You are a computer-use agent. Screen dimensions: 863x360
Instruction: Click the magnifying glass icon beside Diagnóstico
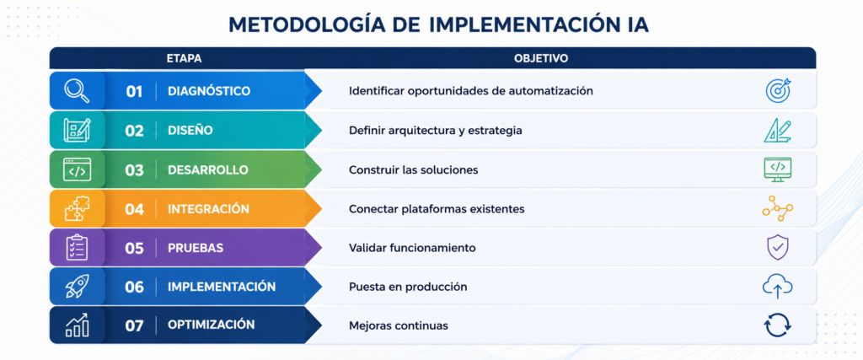[x=77, y=91]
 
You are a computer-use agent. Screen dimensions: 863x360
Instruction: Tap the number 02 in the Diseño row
[x=134, y=131]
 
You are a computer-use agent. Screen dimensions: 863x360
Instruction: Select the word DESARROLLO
[x=208, y=170]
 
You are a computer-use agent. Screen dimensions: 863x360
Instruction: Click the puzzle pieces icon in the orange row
[x=77, y=209]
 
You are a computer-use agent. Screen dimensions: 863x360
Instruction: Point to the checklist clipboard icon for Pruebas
[x=77, y=248]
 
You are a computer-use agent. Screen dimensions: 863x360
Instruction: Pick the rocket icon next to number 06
[x=77, y=287]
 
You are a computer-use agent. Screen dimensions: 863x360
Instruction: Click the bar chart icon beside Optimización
[x=77, y=325]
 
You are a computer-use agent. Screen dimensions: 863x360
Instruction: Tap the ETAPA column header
[x=184, y=58]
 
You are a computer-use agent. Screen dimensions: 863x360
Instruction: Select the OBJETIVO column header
[x=541, y=58]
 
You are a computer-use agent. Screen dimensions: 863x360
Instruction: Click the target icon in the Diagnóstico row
[x=778, y=90]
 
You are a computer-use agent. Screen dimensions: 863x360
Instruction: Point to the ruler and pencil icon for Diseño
[x=778, y=131]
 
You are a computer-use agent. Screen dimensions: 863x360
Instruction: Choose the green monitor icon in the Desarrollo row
[x=778, y=169]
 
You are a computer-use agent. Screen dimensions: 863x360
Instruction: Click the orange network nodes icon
[x=778, y=209]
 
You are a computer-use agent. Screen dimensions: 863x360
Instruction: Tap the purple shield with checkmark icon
[x=778, y=248]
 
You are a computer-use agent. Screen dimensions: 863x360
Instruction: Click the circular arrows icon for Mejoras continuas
[x=778, y=325]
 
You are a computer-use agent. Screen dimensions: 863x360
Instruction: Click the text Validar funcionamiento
[x=412, y=248]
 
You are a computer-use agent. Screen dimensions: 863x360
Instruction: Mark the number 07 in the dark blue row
[x=134, y=326]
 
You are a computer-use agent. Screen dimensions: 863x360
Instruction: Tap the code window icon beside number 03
[x=77, y=170]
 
